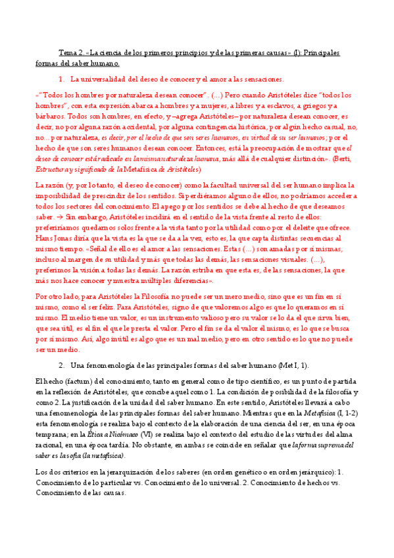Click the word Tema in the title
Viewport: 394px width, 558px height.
[x=68, y=52]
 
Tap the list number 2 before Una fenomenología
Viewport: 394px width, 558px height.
[x=61, y=365]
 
